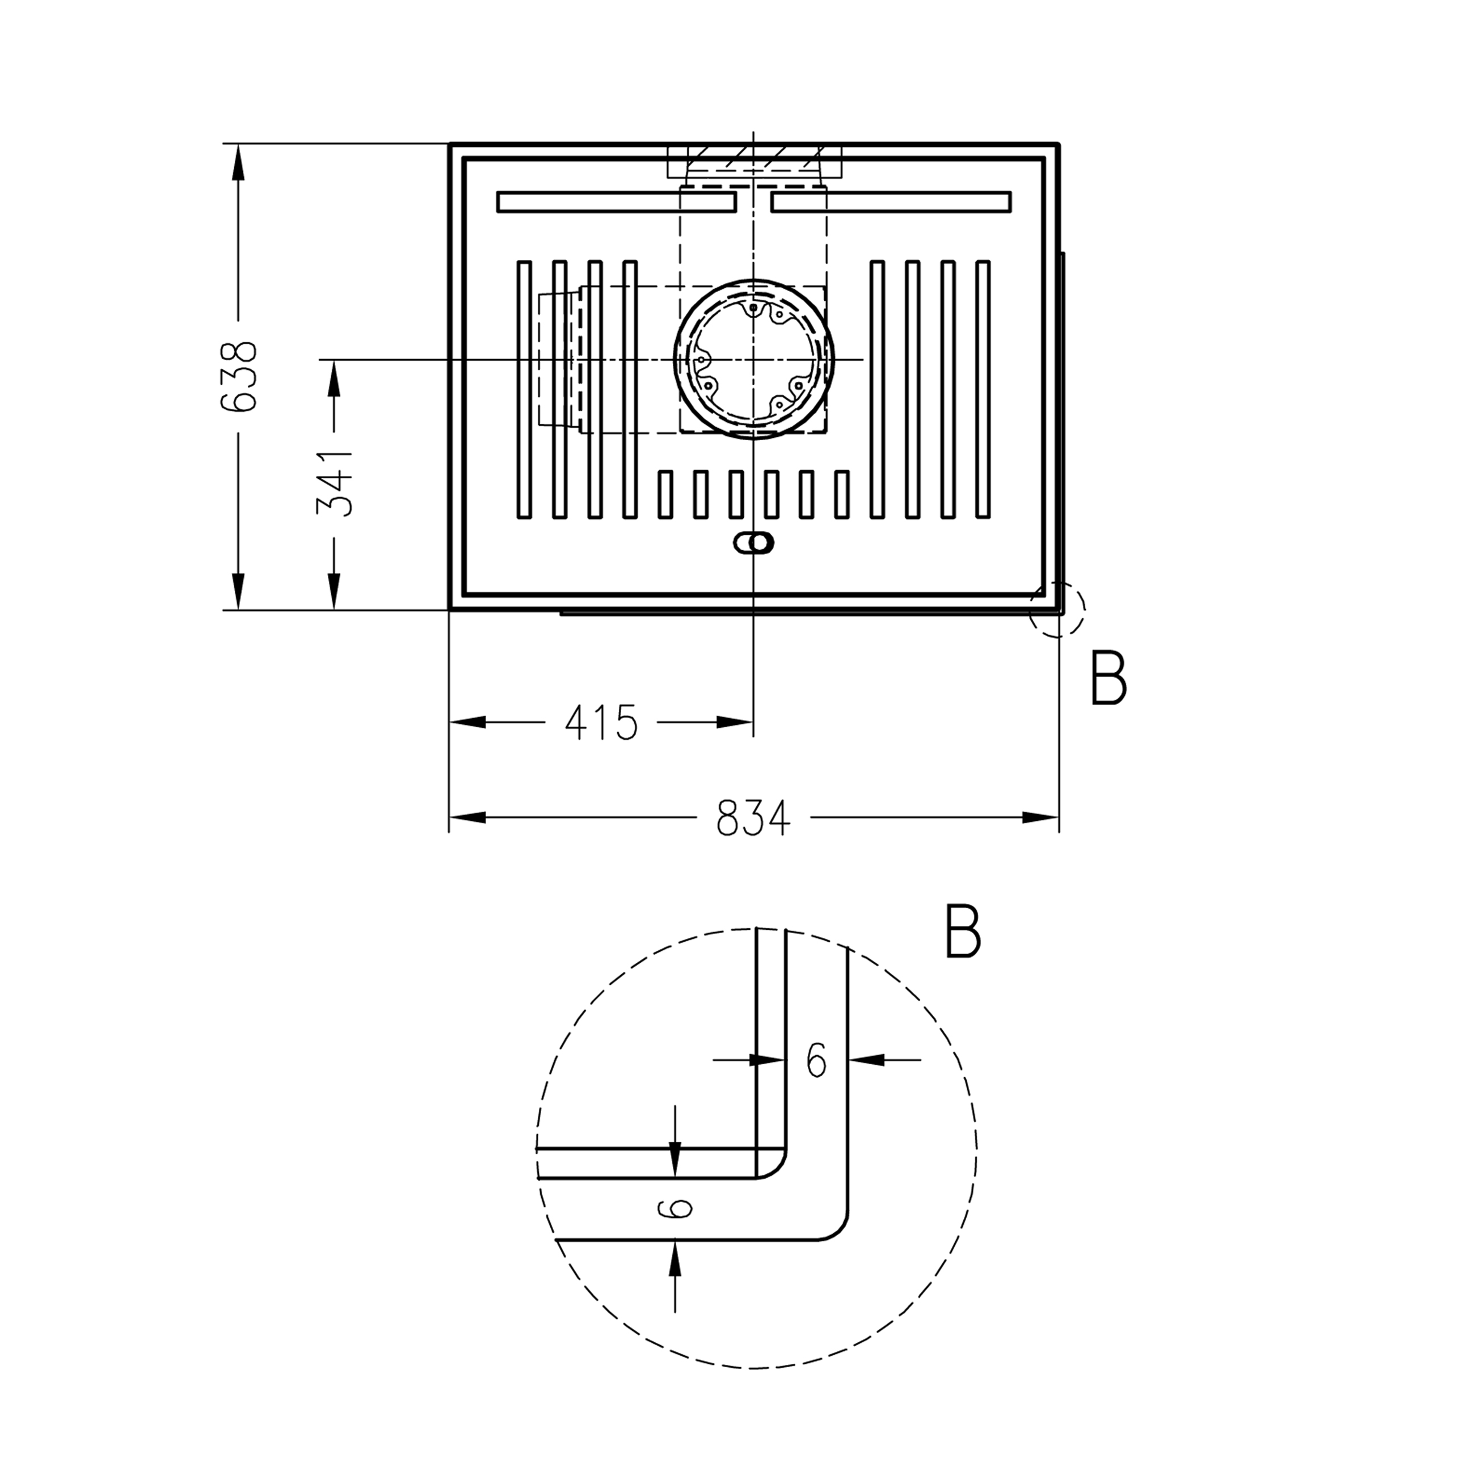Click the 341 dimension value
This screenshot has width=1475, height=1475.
tap(334, 483)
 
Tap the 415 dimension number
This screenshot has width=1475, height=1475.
tap(601, 722)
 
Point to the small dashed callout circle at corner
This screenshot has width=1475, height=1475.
tap(1057, 609)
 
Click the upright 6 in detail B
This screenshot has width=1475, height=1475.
tap(816, 1060)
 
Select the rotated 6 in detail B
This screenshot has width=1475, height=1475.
tap(675, 1208)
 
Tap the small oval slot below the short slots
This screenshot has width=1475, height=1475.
tap(753, 543)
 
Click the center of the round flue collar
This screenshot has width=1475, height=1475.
tap(753, 359)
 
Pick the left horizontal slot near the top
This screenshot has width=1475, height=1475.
tap(616, 203)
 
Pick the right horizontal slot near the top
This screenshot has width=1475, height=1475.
tap(891, 203)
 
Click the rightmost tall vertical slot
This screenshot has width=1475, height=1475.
tap(983, 389)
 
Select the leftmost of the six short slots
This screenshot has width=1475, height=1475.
tap(665, 494)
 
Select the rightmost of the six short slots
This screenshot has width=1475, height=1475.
tap(841, 494)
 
